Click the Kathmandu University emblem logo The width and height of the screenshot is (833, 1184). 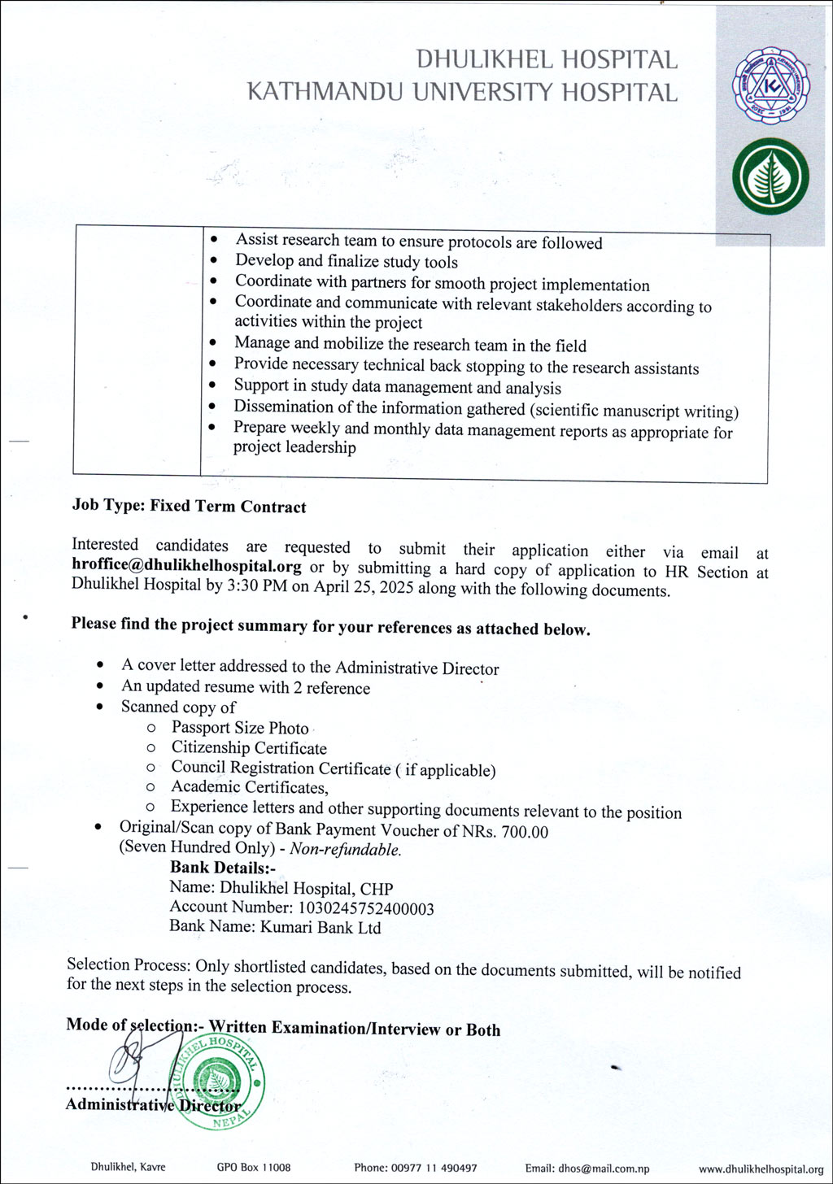coord(769,85)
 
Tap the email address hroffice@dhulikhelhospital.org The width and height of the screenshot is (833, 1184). coord(186,567)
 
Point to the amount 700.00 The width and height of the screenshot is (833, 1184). coord(525,831)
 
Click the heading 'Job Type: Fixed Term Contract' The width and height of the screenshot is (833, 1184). coord(189,507)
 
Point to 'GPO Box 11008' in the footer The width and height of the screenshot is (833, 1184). coord(253,1168)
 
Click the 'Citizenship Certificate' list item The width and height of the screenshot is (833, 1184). coord(248,748)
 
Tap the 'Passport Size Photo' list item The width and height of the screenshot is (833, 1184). coord(240,728)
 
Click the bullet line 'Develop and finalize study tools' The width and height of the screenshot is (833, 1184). coord(346,262)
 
